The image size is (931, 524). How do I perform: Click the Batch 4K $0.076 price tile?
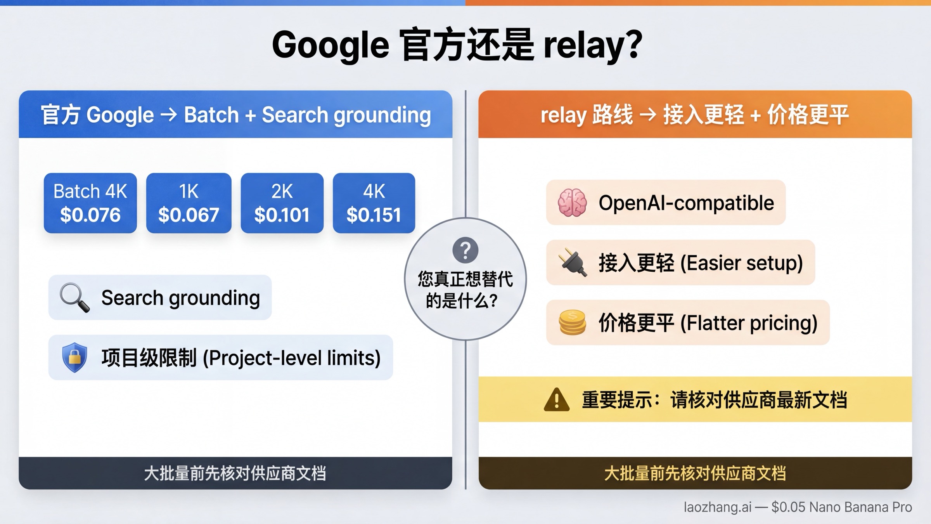point(90,203)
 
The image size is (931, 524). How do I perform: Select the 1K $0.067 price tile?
point(189,203)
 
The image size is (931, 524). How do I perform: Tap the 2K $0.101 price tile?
point(282,203)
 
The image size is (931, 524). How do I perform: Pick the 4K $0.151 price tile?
point(374,203)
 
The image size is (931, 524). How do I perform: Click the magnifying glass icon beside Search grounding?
point(74,297)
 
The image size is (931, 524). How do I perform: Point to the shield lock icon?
point(74,357)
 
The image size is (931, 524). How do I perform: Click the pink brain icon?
point(572,203)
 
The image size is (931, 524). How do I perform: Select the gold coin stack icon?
point(572,323)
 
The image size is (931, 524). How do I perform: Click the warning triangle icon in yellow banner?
point(557,400)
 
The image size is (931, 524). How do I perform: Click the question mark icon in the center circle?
point(465,250)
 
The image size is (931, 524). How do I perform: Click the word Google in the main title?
point(330,45)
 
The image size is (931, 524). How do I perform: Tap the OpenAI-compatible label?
point(686,203)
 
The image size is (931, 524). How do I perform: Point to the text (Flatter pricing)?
point(749,323)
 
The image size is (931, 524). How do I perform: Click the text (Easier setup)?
point(741,263)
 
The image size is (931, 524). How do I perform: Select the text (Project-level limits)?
point(292,357)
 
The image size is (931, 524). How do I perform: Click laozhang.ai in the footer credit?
point(717,507)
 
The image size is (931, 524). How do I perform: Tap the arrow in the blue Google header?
point(169,115)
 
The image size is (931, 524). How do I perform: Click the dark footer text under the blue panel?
point(235,473)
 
